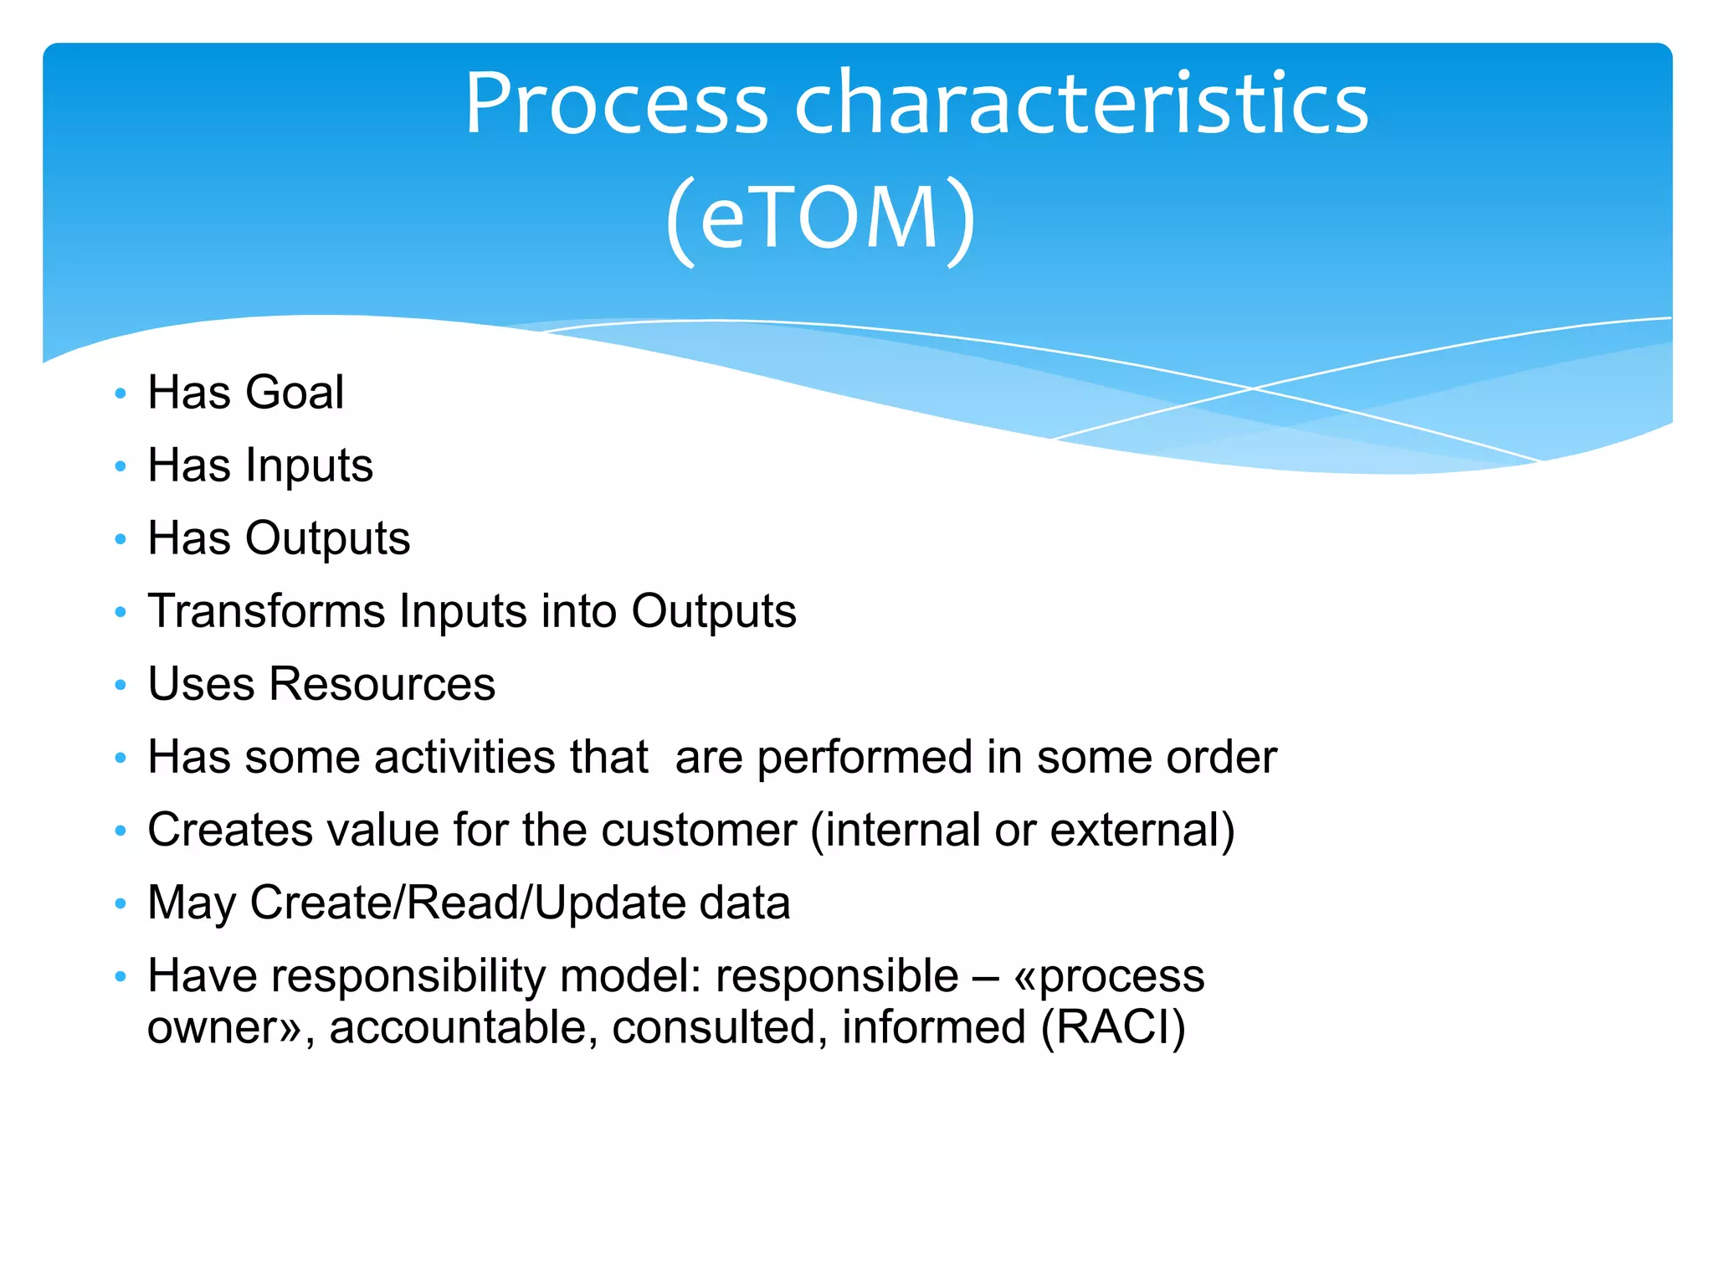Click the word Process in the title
tap(616, 104)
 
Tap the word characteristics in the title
tap(1080, 104)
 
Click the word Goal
tap(294, 392)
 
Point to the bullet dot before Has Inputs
tap(121, 466)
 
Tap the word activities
tap(465, 757)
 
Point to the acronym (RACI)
tap(1112, 1027)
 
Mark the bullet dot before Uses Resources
tap(121, 685)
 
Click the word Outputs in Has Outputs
tap(327, 538)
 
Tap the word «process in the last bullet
tap(1108, 976)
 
